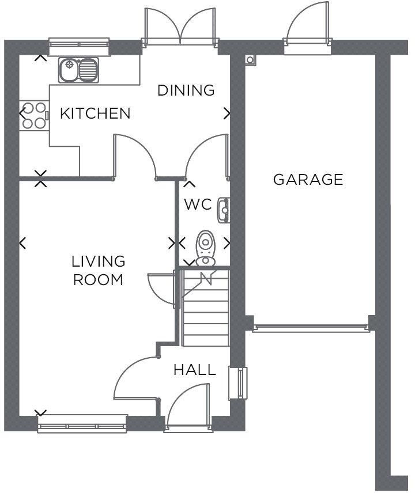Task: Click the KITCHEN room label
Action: (95, 113)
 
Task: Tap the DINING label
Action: (186, 90)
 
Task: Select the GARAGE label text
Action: (308, 180)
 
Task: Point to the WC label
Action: (198, 204)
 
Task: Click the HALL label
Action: (195, 370)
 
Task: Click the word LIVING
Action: (98, 261)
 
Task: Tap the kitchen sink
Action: (78, 70)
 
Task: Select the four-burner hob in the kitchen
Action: (34, 115)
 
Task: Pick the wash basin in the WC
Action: (224, 210)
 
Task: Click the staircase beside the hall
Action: (206, 307)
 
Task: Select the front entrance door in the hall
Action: (188, 407)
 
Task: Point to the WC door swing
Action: (207, 156)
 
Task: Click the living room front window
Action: (82, 423)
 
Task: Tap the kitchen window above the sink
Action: (79, 43)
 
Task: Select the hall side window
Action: (238, 383)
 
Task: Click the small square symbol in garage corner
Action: (250, 60)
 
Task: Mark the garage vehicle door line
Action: (311, 328)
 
